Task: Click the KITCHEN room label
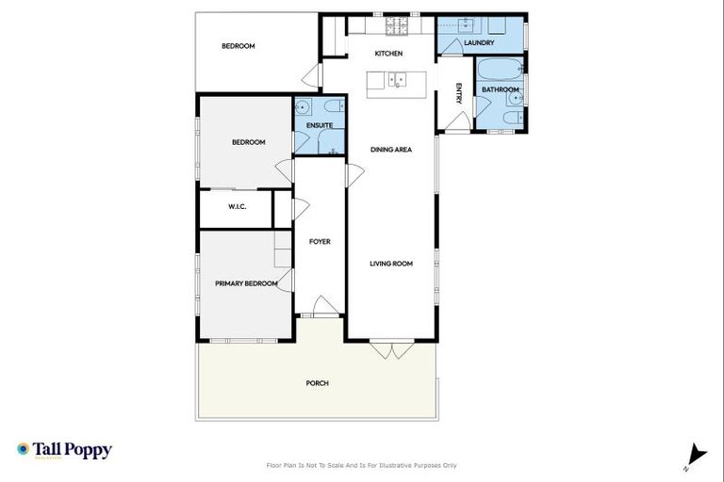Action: pyautogui.click(x=388, y=54)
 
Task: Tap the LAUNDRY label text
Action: pyautogui.click(x=479, y=42)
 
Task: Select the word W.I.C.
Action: pyautogui.click(x=237, y=207)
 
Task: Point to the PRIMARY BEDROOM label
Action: pyautogui.click(x=246, y=283)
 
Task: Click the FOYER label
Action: pyautogui.click(x=320, y=242)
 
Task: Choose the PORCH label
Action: pyautogui.click(x=317, y=383)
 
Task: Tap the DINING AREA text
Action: pyautogui.click(x=390, y=149)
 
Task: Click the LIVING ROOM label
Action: pyautogui.click(x=391, y=264)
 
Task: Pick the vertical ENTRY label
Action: pyautogui.click(x=458, y=93)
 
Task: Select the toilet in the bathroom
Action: pyautogui.click(x=509, y=118)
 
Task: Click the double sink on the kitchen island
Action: pyautogui.click(x=397, y=79)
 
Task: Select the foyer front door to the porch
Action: pyautogui.click(x=321, y=307)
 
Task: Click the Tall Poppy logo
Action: pyautogui.click(x=64, y=450)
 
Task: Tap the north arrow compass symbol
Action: pyautogui.click(x=696, y=455)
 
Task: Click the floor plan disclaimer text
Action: pyautogui.click(x=362, y=465)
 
